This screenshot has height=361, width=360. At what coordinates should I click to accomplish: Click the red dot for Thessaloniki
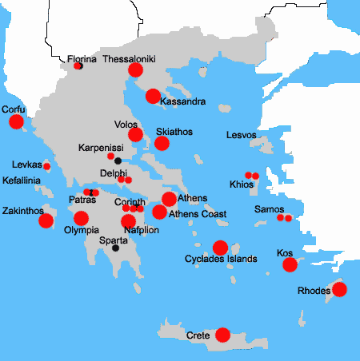click(x=135, y=70)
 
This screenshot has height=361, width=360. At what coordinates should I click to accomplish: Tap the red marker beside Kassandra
click(x=153, y=97)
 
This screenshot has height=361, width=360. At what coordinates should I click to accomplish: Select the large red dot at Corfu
click(x=16, y=122)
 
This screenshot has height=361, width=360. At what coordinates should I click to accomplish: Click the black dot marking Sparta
click(x=116, y=248)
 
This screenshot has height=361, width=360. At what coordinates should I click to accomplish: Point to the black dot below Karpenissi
click(x=118, y=161)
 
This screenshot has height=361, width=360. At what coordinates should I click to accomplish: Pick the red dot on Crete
click(x=223, y=335)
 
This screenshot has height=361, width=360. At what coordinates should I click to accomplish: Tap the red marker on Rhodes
click(x=339, y=289)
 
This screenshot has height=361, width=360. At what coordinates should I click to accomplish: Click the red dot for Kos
click(x=290, y=265)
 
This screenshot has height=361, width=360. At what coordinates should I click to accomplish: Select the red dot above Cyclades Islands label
click(x=220, y=248)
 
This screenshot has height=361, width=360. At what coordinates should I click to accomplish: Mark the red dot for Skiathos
click(x=162, y=143)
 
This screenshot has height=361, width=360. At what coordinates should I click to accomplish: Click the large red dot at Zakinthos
click(x=46, y=220)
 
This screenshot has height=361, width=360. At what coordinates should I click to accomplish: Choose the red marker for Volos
click(x=135, y=134)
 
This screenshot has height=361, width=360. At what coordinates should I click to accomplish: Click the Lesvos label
click(x=242, y=135)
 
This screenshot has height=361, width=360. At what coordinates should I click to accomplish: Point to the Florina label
click(x=82, y=59)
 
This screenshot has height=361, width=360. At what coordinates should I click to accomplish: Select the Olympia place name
click(x=81, y=229)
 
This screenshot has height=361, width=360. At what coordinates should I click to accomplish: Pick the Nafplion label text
click(x=142, y=230)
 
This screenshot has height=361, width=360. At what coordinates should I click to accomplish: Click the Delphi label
click(x=114, y=173)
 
